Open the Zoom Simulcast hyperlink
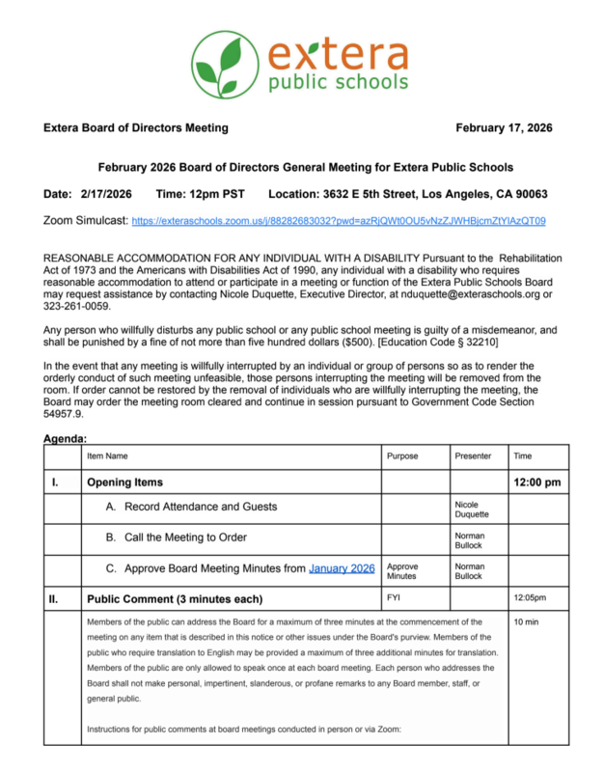click(338, 221)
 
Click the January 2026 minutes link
click(342, 568)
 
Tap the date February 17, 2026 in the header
click(504, 128)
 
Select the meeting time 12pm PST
click(200, 193)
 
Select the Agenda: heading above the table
click(66, 440)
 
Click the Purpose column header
click(403, 455)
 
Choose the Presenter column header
click(473, 455)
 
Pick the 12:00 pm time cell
click(537, 482)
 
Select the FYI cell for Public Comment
click(394, 598)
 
